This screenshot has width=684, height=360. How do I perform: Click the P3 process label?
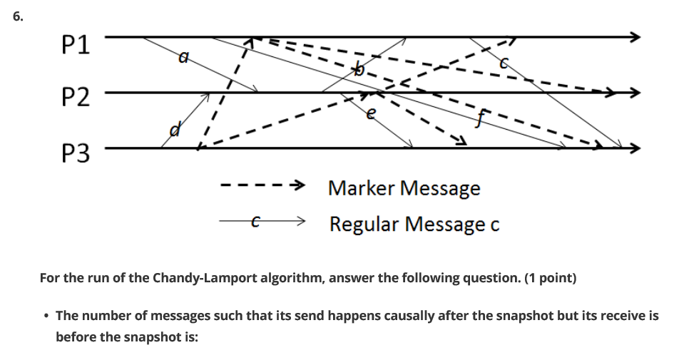[76, 152]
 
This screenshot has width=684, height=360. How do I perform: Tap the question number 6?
[18, 18]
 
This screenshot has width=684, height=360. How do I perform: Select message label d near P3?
[173, 130]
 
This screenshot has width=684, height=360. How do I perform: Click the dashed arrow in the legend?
[263, 188]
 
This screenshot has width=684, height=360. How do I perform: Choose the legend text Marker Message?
[404, 188]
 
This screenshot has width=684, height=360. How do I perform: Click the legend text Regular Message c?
[414, 224]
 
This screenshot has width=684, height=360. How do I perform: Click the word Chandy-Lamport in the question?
[193, 277]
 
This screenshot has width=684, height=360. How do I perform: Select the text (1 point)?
[548, 277]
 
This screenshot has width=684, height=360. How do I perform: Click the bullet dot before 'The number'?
[46, 315]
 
